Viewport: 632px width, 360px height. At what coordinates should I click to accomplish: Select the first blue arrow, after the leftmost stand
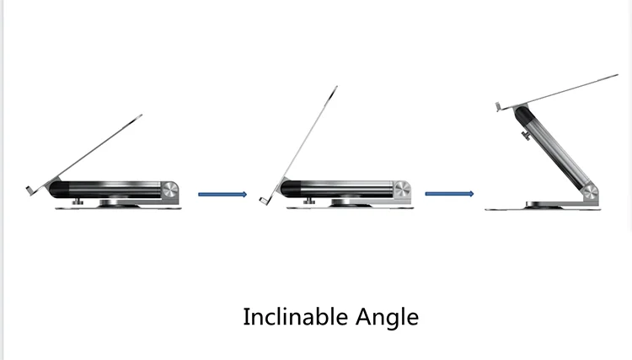coord(222,194)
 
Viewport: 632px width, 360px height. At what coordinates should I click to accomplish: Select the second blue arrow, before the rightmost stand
coord(448,194)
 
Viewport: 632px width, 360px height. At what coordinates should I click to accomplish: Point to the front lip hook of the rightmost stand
coord(497,106)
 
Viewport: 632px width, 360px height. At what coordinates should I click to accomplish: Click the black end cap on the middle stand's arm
coord(291,188)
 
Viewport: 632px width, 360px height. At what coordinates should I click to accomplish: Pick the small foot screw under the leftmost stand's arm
coord(76,201)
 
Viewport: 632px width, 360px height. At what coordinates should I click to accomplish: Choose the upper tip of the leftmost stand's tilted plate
coord(140,116)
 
